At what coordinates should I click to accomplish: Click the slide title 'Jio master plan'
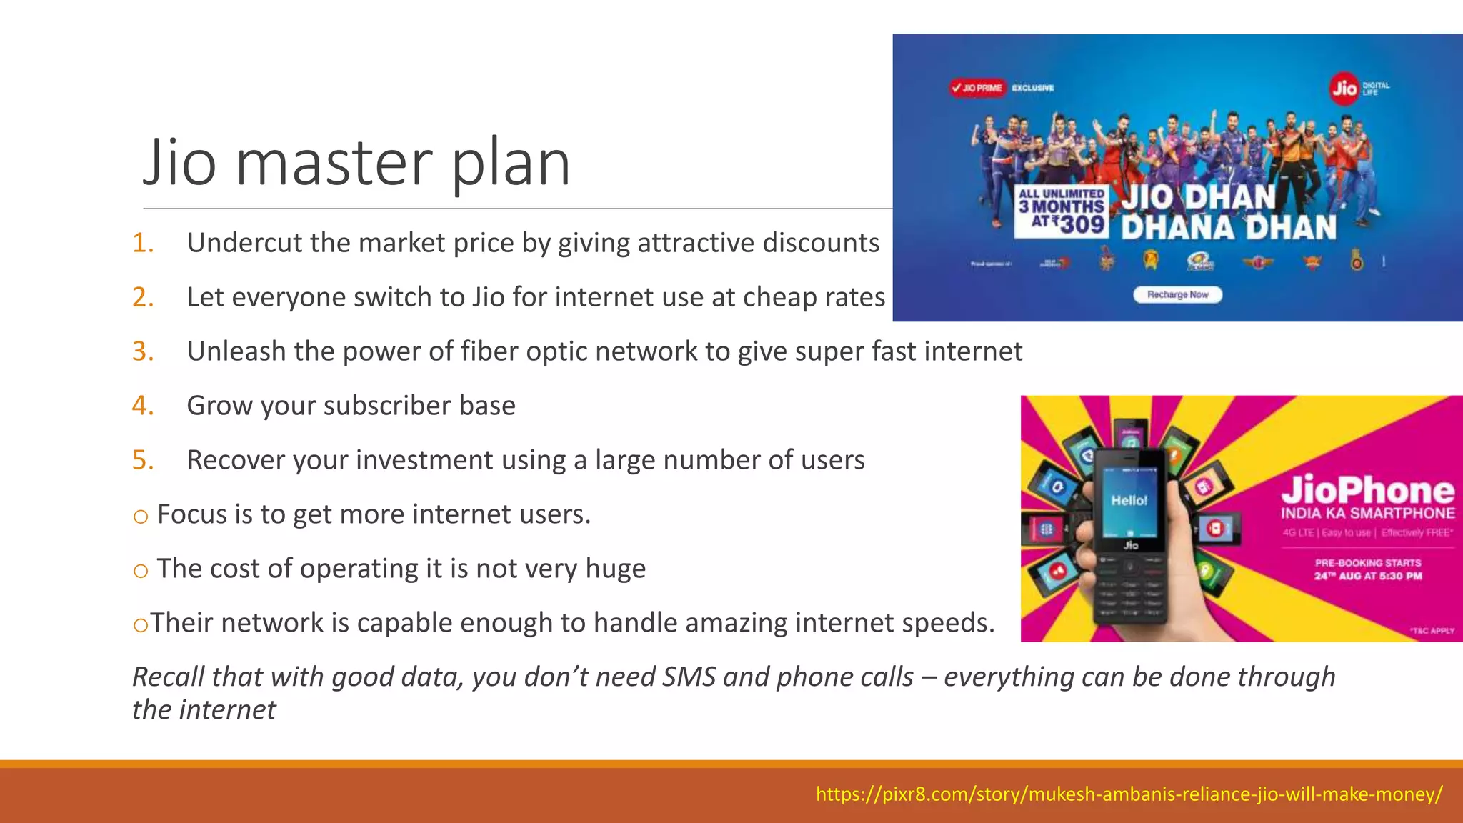(x=356, y=163)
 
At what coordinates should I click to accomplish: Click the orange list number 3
(x=143, y=351)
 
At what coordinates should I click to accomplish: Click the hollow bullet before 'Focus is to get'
(x=141, y=516)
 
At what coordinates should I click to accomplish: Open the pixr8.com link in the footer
(x=1129, y=794)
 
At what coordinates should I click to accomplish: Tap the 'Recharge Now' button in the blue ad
(x=1177, y=294)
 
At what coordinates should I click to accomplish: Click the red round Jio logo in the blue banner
(x=1344, y=88)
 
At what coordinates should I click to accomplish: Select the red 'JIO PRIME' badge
(x=977, y=88)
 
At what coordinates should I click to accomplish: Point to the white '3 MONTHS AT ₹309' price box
(x=1061, y=212)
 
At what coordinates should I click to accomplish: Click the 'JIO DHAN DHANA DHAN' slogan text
(x=1228, y=212)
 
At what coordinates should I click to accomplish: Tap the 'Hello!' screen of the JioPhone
(x=1129, y=501)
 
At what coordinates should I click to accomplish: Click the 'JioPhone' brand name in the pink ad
(x=1367, y=490)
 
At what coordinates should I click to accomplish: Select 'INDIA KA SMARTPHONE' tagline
(x=1367, y=513)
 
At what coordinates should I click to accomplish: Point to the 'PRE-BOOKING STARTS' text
(x=1367, y=563)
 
